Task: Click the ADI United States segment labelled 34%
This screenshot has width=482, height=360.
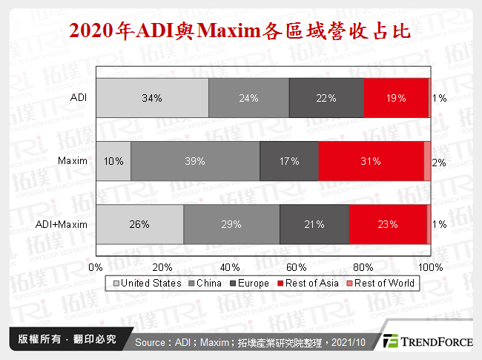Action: (153, 97)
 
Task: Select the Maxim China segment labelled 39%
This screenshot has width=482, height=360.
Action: (196, 160)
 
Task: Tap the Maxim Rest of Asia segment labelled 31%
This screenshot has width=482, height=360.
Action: (371, 160)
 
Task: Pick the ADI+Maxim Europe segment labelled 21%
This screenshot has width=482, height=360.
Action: (314, 223)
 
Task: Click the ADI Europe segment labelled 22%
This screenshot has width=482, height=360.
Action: (326, 97)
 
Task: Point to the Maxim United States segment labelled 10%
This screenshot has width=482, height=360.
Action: (113, 160)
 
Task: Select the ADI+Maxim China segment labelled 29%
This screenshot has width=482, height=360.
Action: (231, 223)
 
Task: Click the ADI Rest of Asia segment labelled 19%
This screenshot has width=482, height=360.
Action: (396, 97)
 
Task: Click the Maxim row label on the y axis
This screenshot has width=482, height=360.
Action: (73, 160)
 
